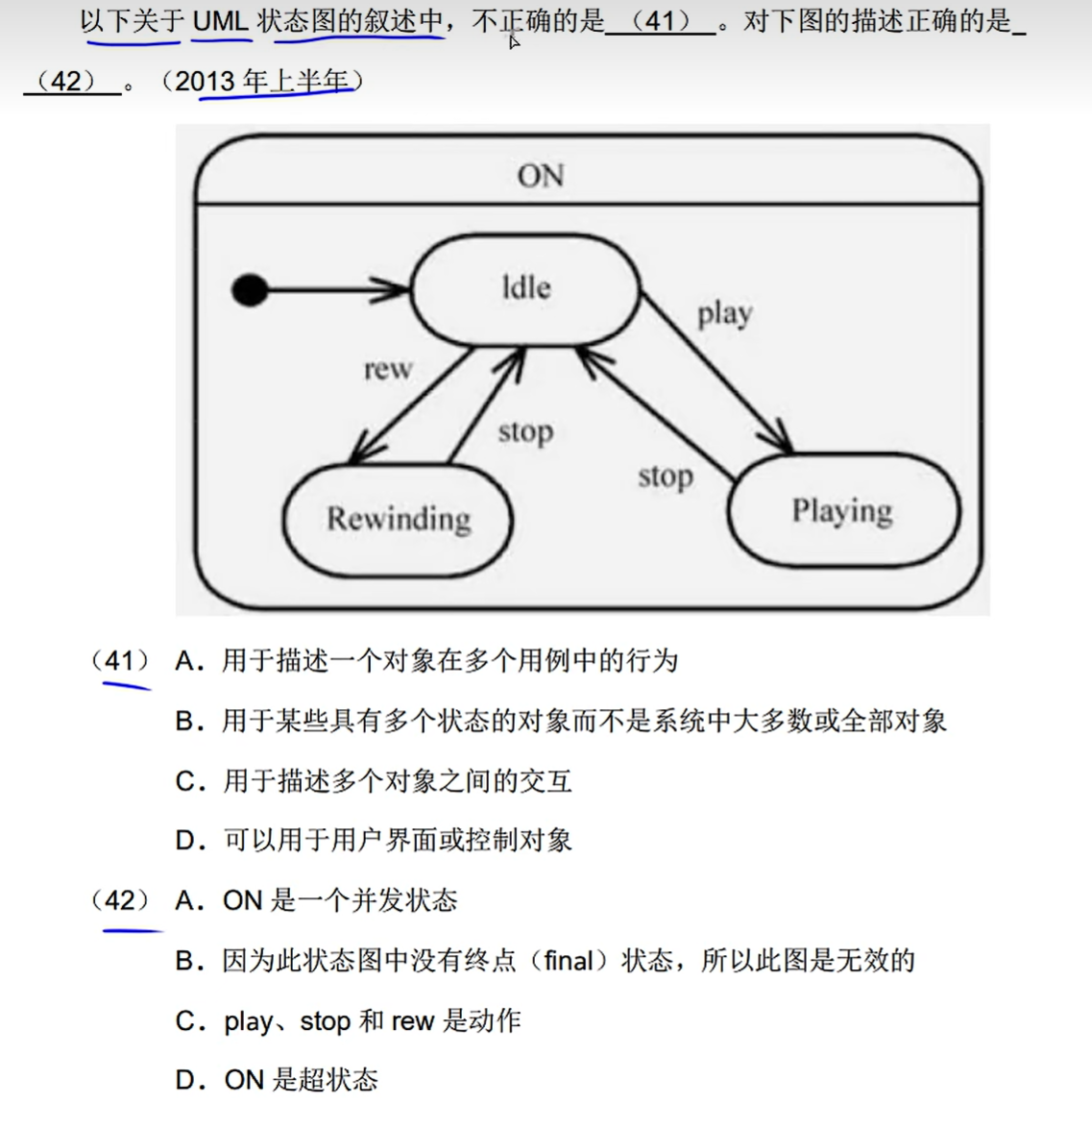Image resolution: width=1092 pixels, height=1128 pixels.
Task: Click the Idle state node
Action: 525,288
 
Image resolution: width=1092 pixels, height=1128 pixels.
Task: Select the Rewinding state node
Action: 398,519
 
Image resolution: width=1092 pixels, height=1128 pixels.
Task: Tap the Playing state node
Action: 842,510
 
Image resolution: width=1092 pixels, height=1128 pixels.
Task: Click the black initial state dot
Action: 250,289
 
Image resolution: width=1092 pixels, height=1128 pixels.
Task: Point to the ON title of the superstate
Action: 541,176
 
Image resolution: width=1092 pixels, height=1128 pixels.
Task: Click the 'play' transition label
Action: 724,314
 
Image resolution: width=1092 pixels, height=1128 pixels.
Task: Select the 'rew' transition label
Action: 388,369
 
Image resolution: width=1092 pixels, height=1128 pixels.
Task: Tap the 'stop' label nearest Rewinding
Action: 525,432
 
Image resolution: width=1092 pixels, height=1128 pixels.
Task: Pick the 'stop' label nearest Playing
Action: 665,476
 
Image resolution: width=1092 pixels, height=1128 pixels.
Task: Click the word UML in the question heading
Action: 220,21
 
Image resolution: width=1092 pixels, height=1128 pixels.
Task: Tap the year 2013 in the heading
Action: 205,82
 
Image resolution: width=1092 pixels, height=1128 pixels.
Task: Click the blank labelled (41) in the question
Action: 661,21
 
